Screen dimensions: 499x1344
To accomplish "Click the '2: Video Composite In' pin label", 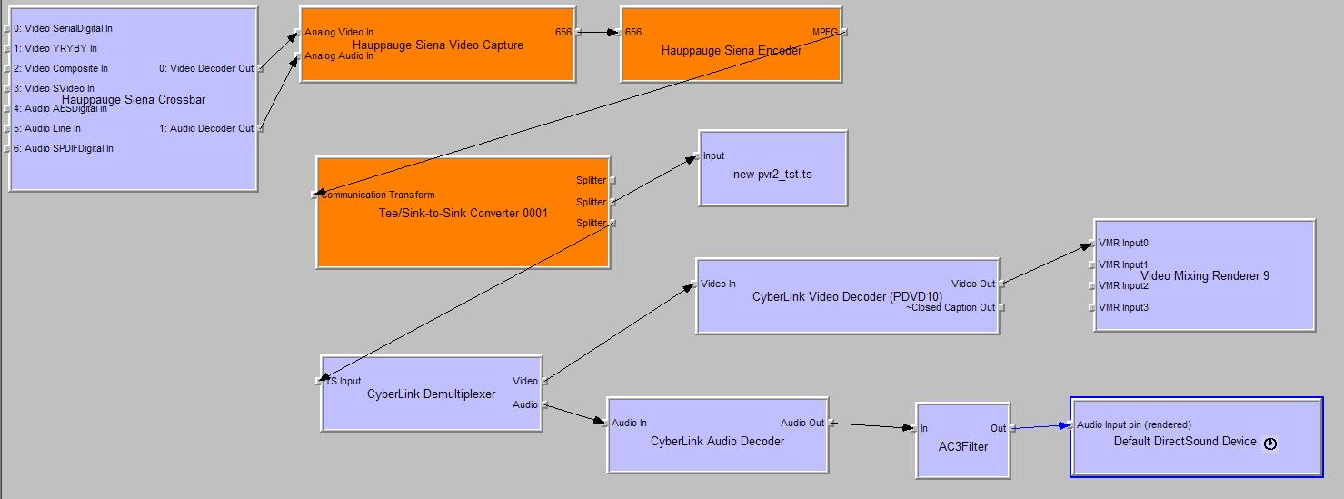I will (x=61, y=69).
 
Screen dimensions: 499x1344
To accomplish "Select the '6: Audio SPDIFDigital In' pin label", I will (x=64, y=149).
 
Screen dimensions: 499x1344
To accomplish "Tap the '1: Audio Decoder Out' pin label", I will (x=206, y=129).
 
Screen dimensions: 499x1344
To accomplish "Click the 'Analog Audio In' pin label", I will (x=339, y=56).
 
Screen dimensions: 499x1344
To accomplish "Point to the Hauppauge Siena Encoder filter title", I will (x=732, y=51).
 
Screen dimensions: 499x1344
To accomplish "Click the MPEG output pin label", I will (x=824, y=33).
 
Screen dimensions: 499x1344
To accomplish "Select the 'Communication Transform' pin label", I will (x=377, y=195).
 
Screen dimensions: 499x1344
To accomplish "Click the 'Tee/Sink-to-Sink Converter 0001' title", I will (x=463, y=214).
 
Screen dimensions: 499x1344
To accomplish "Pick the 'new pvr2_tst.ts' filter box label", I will (x=772, y=174).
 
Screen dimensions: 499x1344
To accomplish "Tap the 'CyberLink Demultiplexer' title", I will (x=432, y=394).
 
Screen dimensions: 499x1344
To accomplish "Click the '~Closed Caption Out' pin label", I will (x=951, y=308).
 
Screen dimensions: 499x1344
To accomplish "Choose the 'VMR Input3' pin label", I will (x=1123, y=308).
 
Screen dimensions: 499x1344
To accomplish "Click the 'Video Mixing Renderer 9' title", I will (x=1205, y=276).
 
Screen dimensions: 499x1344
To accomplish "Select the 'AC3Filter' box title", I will (x=962, y=447).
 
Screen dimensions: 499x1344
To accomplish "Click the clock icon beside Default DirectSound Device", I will (x=1270, y=444).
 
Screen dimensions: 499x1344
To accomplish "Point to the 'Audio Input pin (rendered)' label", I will (x=1134, y=425).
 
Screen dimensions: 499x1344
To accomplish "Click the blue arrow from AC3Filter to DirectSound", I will (x=1040, y=426).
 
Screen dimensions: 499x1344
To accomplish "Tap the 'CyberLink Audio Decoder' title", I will (x=717, y=442).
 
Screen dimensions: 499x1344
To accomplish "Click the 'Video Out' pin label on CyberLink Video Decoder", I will (x=972, y=284).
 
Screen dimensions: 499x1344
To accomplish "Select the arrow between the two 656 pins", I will (x=597, y=33).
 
